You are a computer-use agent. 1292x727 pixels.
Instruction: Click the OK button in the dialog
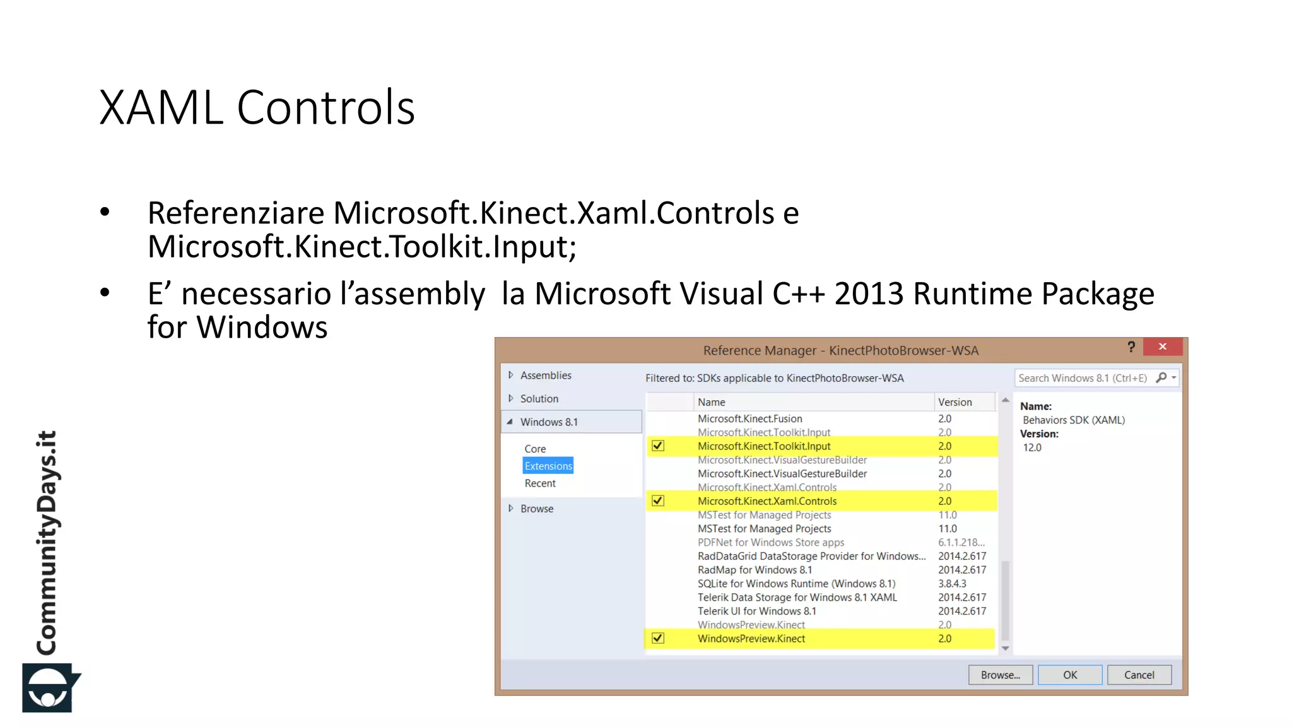pos(1070,675)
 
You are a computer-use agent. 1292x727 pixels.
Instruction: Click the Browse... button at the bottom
pos(1000,675)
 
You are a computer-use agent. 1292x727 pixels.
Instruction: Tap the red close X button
pos(1163,346)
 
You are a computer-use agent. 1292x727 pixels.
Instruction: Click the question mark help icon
pos(1131,346)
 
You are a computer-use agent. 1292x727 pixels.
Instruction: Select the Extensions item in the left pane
pos(548,466)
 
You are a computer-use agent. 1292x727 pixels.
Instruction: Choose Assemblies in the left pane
pos(546,375)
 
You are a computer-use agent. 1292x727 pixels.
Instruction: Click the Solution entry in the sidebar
pos(539,399)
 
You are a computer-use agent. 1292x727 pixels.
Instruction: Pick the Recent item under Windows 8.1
pos(540,483)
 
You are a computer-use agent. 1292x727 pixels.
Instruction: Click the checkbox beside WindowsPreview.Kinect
pos(658,638)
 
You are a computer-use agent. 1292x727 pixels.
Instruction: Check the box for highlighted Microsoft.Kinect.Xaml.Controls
pos(658,500)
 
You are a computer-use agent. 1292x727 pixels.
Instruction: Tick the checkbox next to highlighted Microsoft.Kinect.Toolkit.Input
pos(658,446)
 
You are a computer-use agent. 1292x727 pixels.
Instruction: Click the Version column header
pos(954,402)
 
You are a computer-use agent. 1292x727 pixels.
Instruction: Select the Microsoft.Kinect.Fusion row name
pos(749,418)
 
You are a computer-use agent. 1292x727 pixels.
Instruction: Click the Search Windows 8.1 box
pos(1083,378)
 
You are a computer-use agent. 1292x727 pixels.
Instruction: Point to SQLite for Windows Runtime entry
pos(796,584)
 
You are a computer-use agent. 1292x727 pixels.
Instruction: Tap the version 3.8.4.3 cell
pos(952,584)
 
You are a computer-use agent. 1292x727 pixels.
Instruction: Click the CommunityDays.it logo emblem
pos(49,687)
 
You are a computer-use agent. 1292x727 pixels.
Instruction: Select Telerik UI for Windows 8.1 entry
pos(756,611)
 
